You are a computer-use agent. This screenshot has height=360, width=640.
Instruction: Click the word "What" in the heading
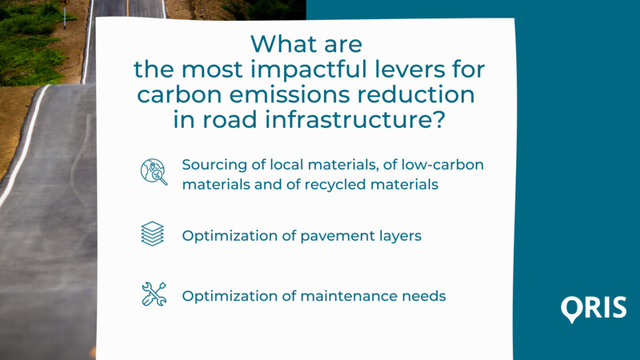pos(277,44)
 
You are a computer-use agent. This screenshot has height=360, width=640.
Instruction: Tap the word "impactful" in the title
pos(309,70)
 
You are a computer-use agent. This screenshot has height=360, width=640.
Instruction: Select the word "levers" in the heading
pos(410,70)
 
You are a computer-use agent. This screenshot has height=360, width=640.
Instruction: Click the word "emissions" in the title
pos(290,94)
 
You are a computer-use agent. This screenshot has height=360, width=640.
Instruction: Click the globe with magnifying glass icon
pos(154,172)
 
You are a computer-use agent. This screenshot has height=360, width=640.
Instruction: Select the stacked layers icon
pos(152,234)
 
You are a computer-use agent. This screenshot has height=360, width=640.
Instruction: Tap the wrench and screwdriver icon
pos(154,294)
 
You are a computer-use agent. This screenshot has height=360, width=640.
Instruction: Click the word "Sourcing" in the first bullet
pos(214,166)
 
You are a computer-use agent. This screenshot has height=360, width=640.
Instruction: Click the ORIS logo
pos(594,309)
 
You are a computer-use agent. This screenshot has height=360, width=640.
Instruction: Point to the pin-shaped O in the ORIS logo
pos(572,309)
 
